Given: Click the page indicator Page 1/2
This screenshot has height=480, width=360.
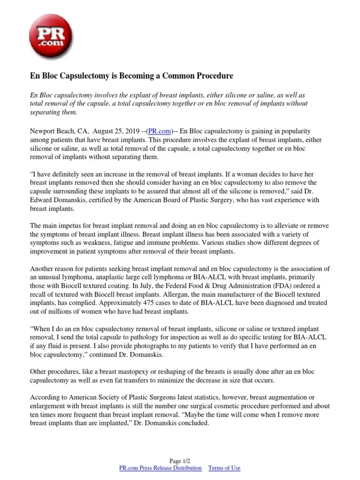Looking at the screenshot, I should (180, 461).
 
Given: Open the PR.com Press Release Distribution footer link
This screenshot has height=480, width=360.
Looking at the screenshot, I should (161, 468).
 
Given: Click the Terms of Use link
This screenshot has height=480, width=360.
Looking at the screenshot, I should (224, 468).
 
